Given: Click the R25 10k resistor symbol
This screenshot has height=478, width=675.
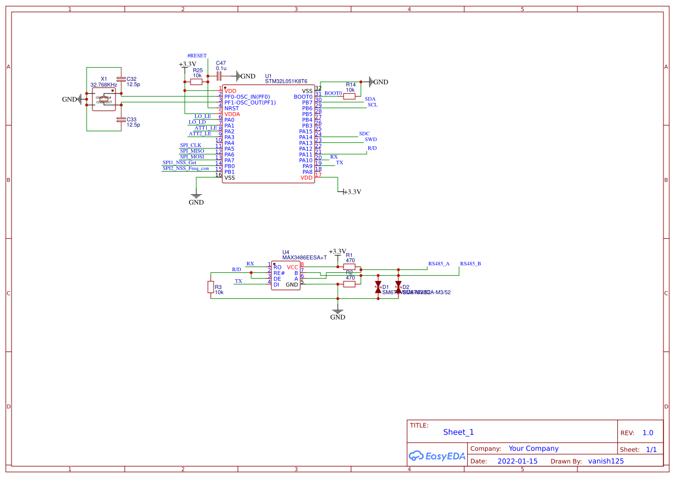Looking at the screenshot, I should [196, 82].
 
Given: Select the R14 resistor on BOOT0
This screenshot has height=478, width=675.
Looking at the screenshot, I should [349, 97].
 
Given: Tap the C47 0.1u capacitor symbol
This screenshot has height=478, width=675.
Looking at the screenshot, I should [219, 76].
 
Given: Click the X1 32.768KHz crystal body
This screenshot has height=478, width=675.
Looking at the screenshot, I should [104, 98].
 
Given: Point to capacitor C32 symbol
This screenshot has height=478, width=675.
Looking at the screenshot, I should [120, 79].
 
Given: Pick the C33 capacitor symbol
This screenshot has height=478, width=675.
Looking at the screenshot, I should [120, 120].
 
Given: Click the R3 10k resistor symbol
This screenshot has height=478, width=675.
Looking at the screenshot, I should [210, 287].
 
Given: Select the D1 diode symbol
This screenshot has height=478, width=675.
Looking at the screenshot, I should [378, 287].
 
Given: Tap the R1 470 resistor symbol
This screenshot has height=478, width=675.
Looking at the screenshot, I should [349, 267].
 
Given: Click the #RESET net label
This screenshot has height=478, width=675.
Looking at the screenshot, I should [196, 56].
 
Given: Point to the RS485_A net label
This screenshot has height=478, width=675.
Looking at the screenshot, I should [438, 264].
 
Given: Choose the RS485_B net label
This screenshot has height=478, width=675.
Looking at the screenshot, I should [470, 264].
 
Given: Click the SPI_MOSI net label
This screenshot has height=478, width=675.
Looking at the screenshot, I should [192, 157].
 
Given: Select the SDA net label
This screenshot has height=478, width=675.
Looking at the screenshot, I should [370, 99].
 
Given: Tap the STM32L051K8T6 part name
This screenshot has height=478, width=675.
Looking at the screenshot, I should [286, 82].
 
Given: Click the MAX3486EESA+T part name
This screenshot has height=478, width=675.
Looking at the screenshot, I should [304, 258].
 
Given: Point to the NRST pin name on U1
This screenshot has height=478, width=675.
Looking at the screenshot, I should [232, 109].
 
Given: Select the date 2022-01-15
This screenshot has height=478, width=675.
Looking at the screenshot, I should [517, 461].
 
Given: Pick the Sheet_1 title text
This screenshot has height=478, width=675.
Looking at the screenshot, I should [458, 432].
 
